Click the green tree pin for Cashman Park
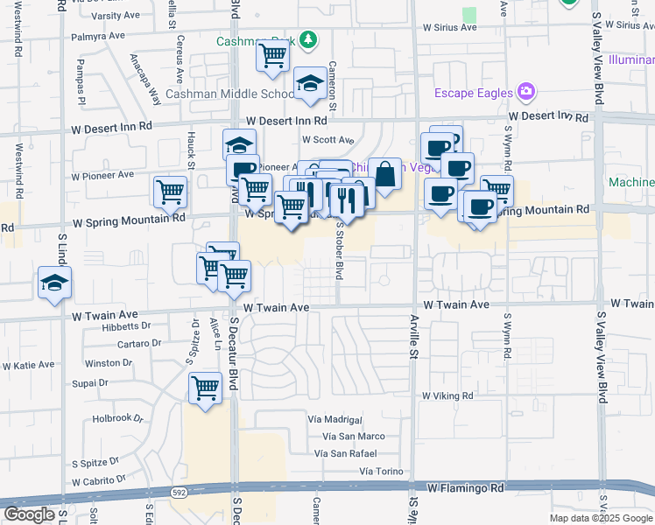(307, 40)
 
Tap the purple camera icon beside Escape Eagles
(525, 91)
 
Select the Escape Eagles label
(475, 93)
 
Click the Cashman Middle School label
(217, 94)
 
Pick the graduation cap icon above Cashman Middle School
(309, 83)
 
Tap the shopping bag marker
(384, 173)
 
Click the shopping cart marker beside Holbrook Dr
(205, 387)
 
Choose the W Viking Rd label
(447, 395)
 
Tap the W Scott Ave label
(327, 139)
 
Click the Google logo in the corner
(29, 514)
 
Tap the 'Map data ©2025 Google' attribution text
(601, 518)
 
